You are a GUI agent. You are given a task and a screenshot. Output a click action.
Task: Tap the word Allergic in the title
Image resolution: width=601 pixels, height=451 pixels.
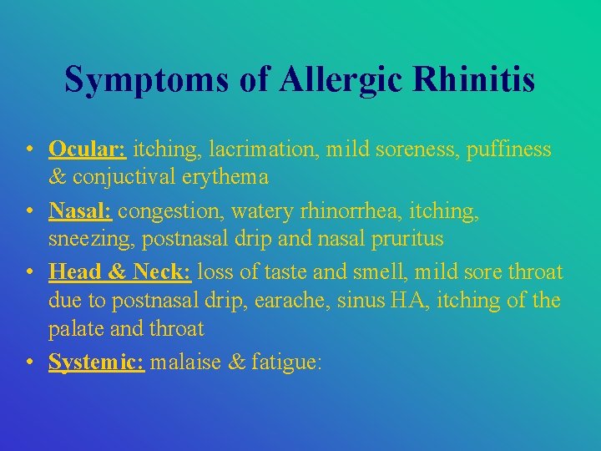coord(343,79)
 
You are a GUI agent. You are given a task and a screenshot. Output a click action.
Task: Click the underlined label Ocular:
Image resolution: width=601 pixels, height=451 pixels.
coord(87,149)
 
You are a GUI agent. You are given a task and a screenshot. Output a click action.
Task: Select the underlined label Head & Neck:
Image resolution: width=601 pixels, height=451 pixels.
coord(120,273)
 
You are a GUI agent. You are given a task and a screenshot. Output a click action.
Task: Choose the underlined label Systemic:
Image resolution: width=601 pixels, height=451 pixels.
coord(96,362)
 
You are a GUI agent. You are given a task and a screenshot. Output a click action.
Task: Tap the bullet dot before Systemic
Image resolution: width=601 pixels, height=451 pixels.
coord(29,362)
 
